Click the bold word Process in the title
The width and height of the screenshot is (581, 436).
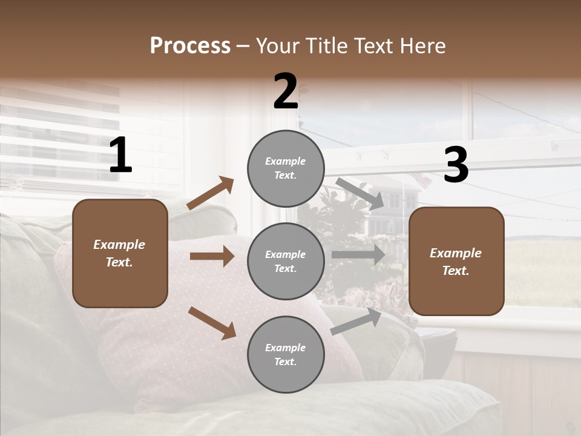(x=190, y=46)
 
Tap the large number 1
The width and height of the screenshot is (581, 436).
(x=120, y=156)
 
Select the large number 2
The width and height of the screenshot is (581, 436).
(x=286, y=91)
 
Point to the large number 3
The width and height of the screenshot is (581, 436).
(x=456, y=165)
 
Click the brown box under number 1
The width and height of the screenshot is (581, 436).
(x=120, y=253)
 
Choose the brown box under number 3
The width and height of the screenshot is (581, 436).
(x=456, y=261)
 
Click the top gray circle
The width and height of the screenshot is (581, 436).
(x=286, y=168)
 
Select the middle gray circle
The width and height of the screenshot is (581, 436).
(x=286, y=261)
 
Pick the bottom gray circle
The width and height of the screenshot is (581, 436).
(x=286, y=354)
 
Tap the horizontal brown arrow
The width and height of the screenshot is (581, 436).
(x=212, y=256)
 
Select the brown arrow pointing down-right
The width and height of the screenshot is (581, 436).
(x=212, y=323)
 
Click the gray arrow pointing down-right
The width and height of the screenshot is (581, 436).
(x=360, y=193)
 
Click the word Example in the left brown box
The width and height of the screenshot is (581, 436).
(x=119, y=245)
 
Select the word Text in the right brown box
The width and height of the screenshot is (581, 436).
(x=455, y=271)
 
